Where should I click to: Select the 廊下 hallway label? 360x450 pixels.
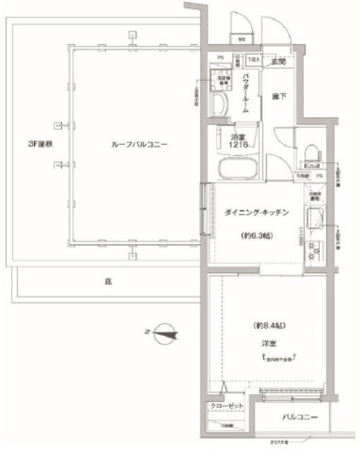coord(279,96)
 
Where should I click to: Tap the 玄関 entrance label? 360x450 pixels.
coord(281,62)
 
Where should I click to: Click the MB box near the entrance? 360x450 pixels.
coord(241,39)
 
